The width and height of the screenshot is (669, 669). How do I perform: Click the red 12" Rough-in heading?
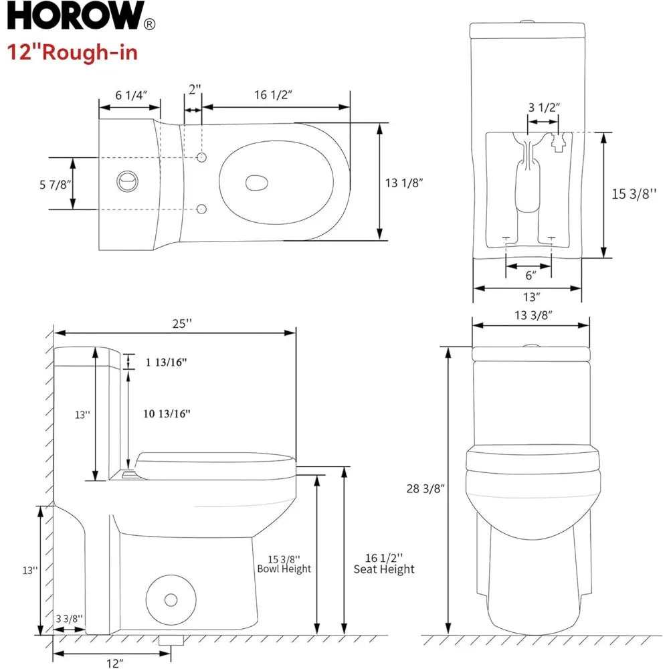point(73,52)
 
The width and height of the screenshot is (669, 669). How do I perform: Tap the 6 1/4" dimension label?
point(130,95)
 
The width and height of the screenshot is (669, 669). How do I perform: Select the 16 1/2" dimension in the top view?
point(273,94)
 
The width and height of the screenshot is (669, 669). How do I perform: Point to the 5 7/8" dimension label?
point(56,184)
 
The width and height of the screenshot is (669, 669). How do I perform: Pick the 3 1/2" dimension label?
point(543,107)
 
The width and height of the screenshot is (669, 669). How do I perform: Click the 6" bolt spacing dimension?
point(529,276)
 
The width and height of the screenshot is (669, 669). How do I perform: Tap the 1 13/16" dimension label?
point(166,362)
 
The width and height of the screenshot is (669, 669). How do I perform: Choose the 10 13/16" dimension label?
point(167,413)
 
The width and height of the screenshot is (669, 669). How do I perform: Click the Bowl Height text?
point(284,569)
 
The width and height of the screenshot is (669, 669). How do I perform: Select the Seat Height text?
point(384,569)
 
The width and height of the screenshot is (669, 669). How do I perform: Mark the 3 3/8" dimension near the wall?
point(69,619)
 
